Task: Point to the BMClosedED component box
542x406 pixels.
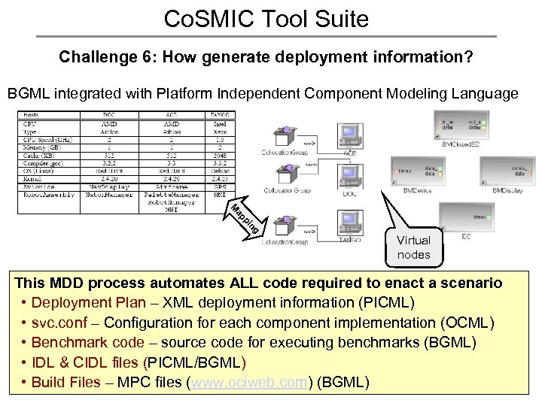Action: point(461,123)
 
